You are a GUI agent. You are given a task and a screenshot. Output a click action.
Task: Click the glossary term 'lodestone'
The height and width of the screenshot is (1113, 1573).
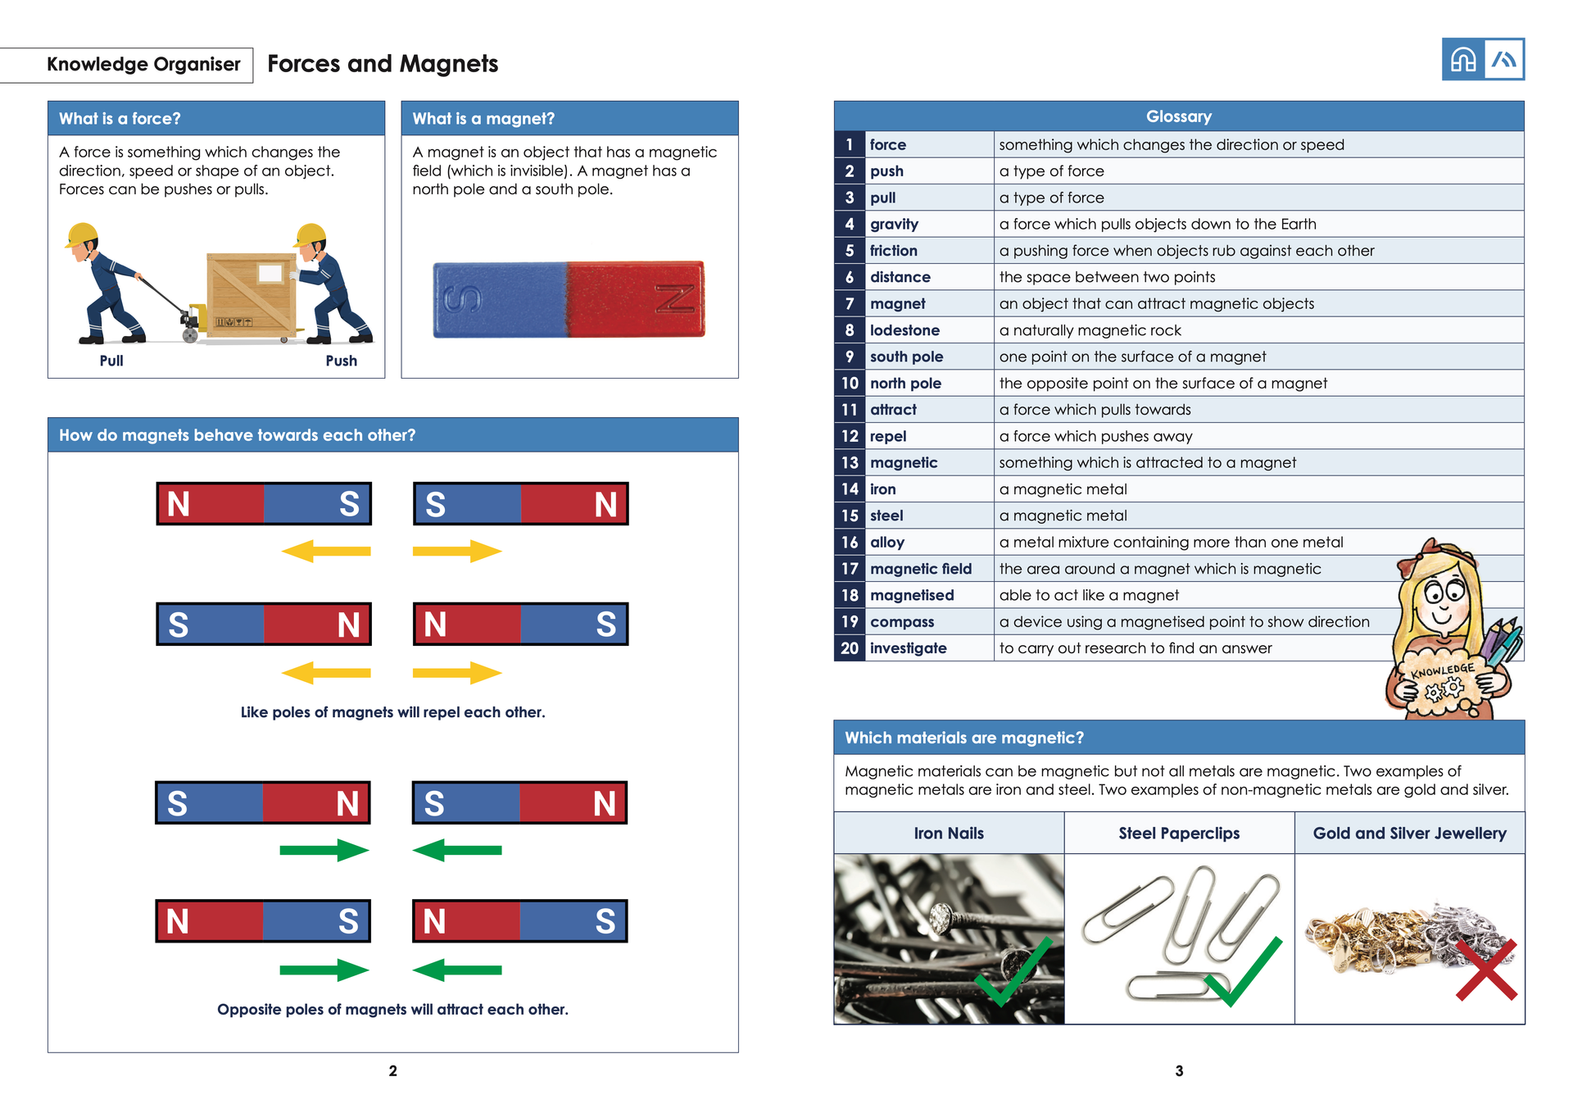(x=904, y=330)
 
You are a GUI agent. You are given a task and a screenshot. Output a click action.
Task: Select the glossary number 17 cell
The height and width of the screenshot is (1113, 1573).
(x=850, y=569)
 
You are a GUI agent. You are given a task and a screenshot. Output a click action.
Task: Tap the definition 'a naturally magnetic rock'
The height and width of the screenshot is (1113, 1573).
(x=1090, y=330)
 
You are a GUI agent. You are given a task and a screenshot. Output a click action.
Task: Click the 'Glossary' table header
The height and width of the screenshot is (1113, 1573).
(x=1178, y=116)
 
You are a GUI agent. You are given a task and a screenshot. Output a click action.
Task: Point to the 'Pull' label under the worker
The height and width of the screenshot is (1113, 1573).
(x=111, y=361)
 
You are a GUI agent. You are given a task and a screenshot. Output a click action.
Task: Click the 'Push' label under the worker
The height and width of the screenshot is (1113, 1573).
(x=341, y=361)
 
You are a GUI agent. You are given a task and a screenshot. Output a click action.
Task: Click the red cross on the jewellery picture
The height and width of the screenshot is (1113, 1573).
(x=1486, y=970)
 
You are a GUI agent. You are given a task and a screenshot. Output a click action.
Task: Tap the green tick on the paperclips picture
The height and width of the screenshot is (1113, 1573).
(x=1243, y=973)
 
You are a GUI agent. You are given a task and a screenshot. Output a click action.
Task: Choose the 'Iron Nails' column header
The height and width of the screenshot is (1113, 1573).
(x=949, y=834)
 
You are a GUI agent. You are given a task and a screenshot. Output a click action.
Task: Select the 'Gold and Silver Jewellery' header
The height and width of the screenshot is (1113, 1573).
(x=1409, y=834)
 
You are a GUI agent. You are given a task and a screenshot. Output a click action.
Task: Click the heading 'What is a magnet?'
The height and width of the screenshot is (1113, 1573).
(x=483, y=119)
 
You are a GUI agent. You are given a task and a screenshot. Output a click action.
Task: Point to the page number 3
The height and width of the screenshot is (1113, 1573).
(x=1179, y=1070)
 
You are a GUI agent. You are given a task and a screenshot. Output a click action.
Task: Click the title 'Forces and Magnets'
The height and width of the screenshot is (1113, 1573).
(x=383, y=64)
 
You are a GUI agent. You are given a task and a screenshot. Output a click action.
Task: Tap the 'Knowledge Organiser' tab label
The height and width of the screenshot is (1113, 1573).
(x=143, y=65)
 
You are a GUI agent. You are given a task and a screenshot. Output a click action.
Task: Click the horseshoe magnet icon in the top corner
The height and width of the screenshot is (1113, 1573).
(x=1463, y=60)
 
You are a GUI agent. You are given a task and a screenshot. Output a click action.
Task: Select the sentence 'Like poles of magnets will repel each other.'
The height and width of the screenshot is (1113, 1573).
(x=392, y=712)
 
